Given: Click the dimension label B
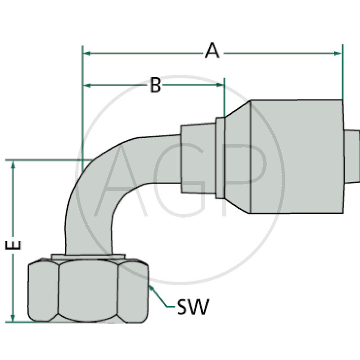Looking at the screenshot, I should point(155,85).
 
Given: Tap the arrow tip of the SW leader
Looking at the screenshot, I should point(149,285).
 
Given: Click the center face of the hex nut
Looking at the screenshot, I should point(89,291).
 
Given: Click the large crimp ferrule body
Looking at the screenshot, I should point(296,157).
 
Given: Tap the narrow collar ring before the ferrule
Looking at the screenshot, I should point(219,157).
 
